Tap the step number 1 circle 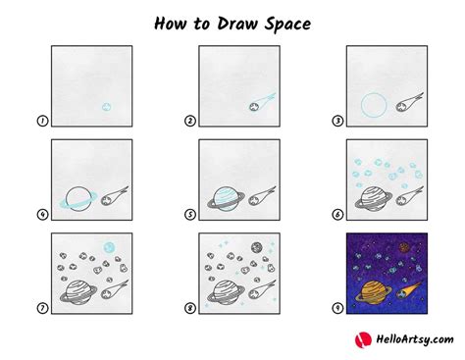pos(42,122)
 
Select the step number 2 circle pos(190,122)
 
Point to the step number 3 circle pos(337,122)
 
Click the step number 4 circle pos(42,216)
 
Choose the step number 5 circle pos(190,216)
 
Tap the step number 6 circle pos(337,216)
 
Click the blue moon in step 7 pos(110,245)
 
